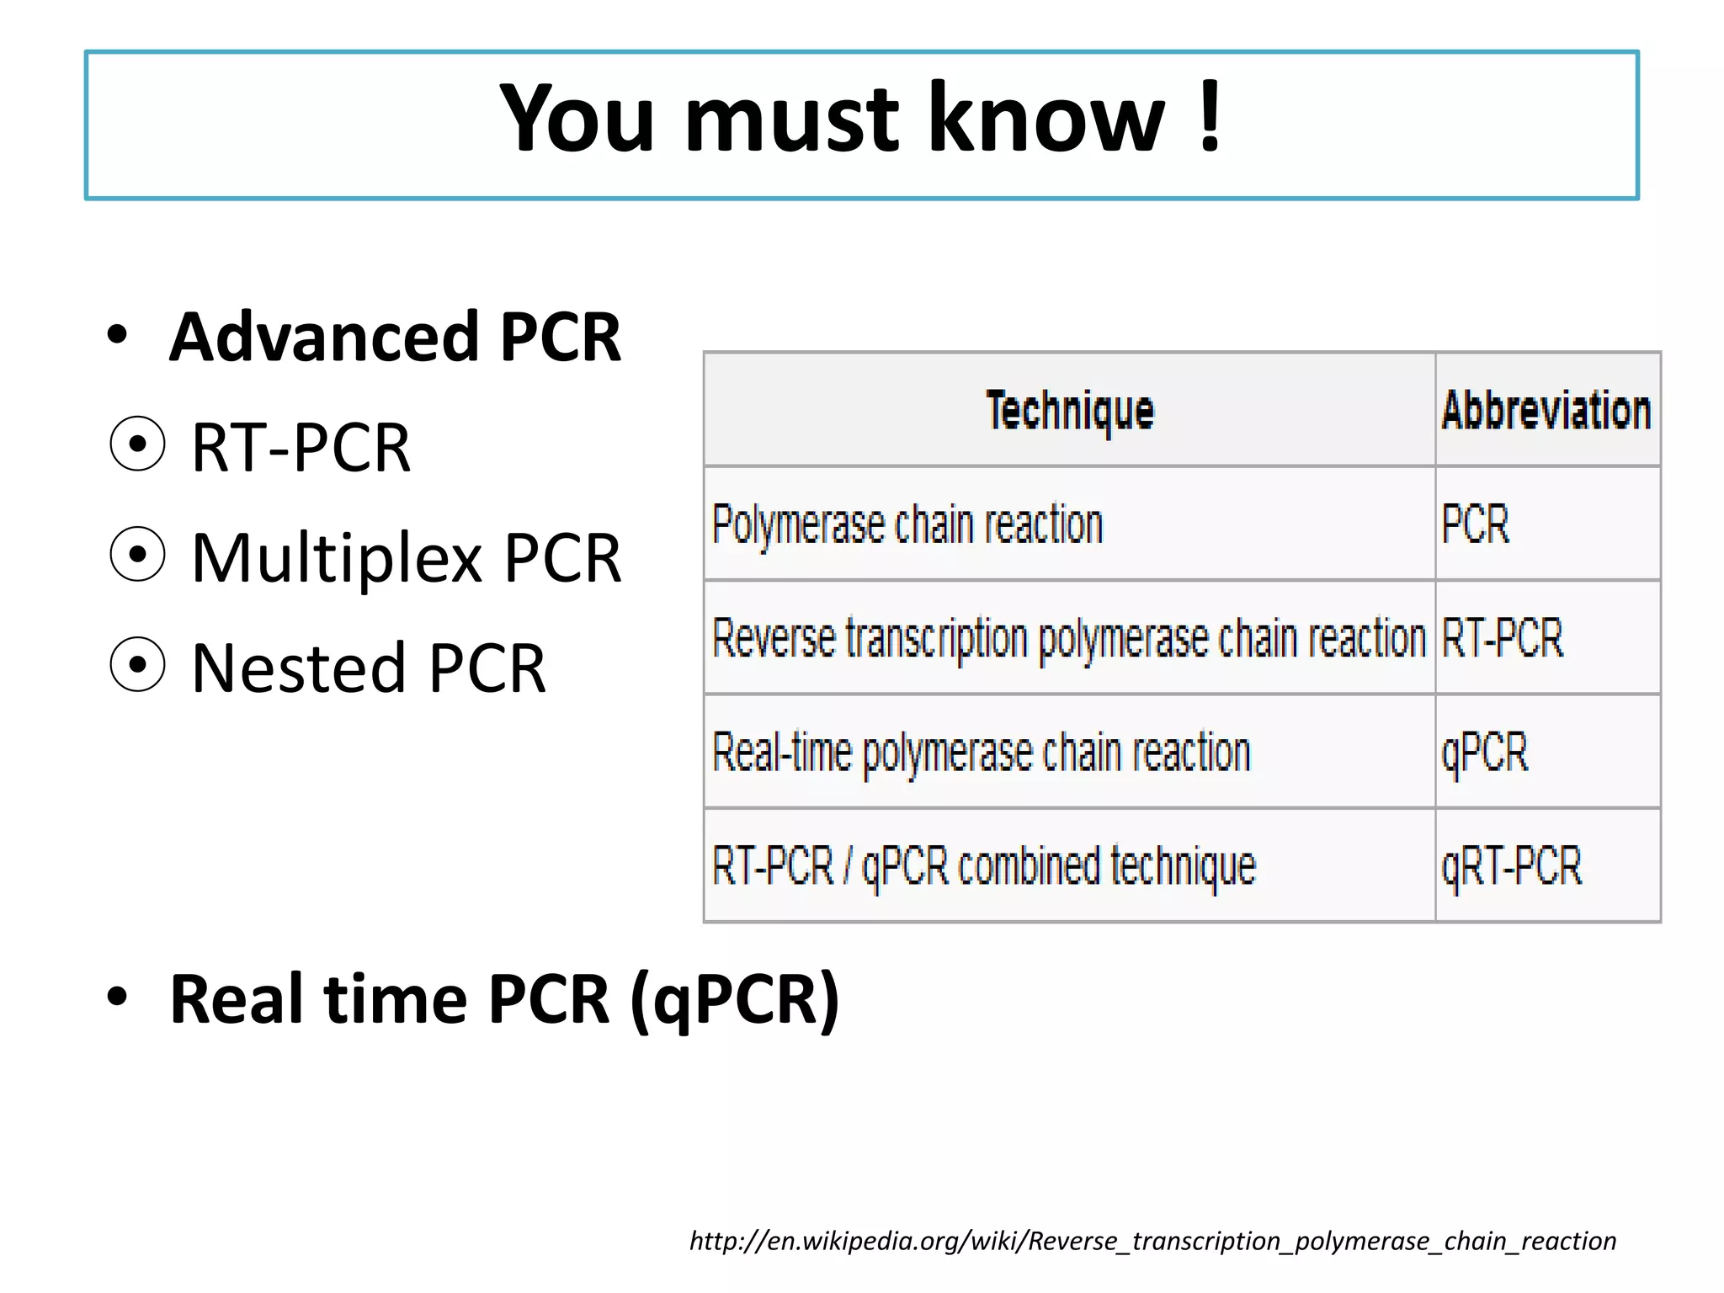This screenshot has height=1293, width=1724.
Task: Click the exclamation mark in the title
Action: coord(1210,118)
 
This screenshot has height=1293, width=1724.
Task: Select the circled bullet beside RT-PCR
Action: coord(137,444)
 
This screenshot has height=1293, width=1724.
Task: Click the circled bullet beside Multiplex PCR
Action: coord(137,555)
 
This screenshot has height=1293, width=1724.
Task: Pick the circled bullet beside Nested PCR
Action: coord(137,665)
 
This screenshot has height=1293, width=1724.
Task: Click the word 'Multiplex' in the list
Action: coord(337,558)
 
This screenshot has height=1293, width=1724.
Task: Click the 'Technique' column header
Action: coord(1070,411)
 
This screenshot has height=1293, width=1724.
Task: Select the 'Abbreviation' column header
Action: coord(1546,411)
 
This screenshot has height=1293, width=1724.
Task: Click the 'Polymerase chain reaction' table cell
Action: coord(907,524)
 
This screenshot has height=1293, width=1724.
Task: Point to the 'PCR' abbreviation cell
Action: coord(1476,524)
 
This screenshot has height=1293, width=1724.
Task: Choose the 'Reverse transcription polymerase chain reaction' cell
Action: coord(1069,638)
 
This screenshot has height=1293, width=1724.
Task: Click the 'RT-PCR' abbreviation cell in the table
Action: coord(1503,638)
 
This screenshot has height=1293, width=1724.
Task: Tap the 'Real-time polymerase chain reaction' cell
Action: coord(982,752)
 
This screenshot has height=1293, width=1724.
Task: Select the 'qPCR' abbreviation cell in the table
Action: coord(1485,752)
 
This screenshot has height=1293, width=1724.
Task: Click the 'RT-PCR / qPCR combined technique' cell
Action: coord(984,866)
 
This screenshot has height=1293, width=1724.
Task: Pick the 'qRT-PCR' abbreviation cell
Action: coord(1512,866)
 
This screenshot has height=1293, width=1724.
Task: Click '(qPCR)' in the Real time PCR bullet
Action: coord(734,999)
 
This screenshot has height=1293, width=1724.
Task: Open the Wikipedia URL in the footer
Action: coord(1152,1241)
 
